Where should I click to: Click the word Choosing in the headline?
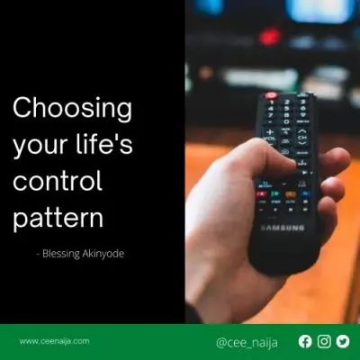click(x=72, y=109)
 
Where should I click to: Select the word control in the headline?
click(x=58, y=180)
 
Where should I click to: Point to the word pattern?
click(x=58, y=217)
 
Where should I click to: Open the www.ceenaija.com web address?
click(x=54, y=341)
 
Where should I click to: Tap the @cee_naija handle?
click(x=247, y=343)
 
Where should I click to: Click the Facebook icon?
click(x=305, y=341)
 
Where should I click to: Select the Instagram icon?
click(x=324, y=341)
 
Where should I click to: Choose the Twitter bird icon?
click(x=343, y=341)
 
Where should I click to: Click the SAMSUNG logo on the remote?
click(x=283, y=228)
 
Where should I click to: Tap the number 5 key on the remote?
click(x=287, y=109)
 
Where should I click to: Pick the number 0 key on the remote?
click(x=286, y=121)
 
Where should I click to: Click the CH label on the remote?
click(x=302, y=138)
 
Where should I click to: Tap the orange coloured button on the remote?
click(x=291, y=194)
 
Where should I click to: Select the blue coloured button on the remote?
click(x=305, y=193)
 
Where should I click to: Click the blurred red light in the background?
click(x=270, y=37)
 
